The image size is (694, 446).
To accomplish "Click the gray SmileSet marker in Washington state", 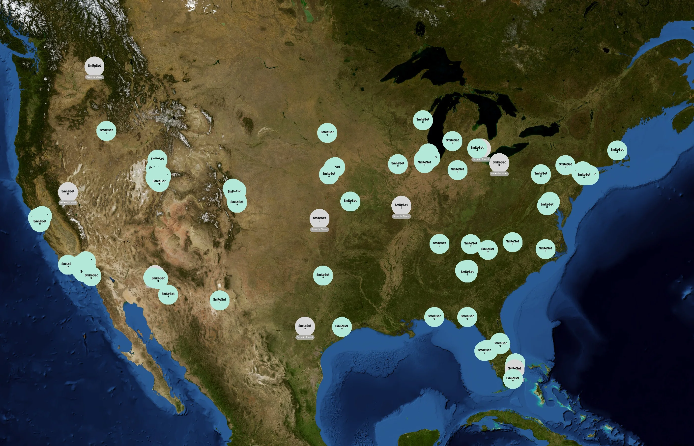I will (x=94, y=66).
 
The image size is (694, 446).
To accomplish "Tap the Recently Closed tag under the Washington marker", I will (x=94, y=77).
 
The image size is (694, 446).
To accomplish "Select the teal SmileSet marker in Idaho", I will (x=106, y=131).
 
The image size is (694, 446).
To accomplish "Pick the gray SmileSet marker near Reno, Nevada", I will (x=68, y=192).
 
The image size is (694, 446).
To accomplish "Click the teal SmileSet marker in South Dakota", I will (x=327, y=133).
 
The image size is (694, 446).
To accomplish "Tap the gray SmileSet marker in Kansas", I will (x=319, y=218).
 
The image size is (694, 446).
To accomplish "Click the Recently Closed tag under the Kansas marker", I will (x=319, y=229).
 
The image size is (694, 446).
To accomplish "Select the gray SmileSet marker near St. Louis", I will (x=401, y=205).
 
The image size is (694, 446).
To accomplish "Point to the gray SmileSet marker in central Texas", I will (x=305, y=326).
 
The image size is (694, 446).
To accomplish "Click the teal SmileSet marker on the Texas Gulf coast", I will (x=342, y=327).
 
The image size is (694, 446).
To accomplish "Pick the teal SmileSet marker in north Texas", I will (x=323, y=275).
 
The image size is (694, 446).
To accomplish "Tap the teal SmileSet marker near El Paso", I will (x=220, y=300).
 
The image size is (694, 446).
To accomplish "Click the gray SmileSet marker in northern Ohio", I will (x=499, y=163).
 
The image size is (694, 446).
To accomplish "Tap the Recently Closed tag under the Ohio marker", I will (x=499, y=174).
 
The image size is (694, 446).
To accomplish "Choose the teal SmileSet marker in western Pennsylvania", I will (x=541, y=174).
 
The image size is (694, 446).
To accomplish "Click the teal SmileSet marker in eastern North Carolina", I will (x=546, y=249).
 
